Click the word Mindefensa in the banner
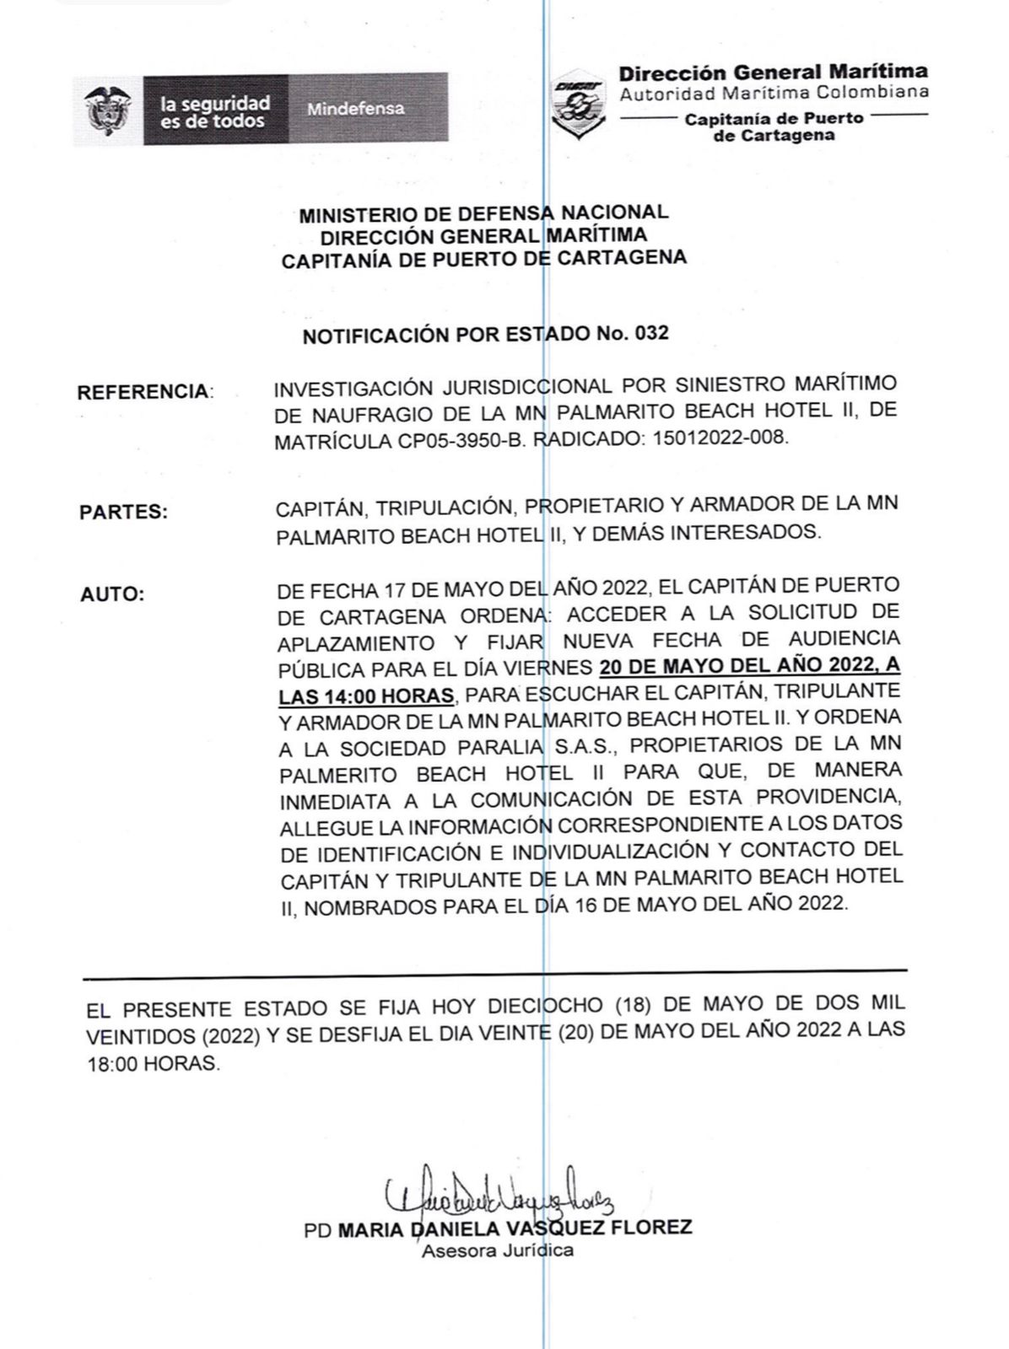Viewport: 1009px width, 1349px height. click(x=355, y=109)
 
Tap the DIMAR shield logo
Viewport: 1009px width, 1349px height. click(x=578, y=103)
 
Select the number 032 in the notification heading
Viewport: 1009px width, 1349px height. click(x=651, y=334)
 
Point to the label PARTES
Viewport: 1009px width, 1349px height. click(x=123, y=513)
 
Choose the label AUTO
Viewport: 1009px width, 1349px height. click(x=112, y=594)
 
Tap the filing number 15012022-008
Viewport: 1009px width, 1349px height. click(x=720, y=439)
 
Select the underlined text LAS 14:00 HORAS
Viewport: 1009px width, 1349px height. click(x=364, y=696)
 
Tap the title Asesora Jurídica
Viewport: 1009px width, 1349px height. click(x=498, y=1250)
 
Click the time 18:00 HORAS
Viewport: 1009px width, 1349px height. click(x=152, y=1064)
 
